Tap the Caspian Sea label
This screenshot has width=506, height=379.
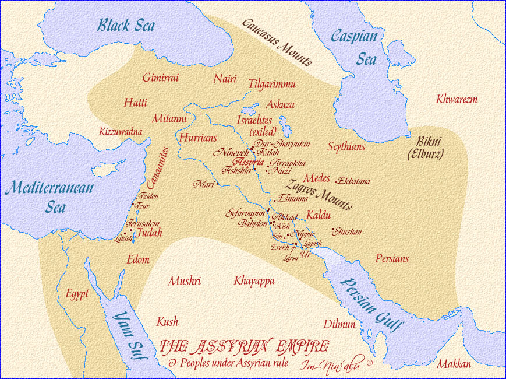pos(354,47)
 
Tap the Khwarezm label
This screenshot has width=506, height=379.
pos(457,99)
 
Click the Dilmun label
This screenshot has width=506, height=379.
pos(339,324)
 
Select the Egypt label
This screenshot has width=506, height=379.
pos(77,294)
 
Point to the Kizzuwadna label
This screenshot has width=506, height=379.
pos(121,131)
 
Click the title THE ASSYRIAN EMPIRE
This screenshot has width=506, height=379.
pos(243,347)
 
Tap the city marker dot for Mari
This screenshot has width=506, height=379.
pos(217,184)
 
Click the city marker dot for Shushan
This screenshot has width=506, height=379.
pos(332,229)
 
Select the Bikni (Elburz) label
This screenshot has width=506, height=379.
pos(426,148)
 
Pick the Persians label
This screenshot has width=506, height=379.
pos(392,258)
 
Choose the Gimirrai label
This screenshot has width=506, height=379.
pos(160,78)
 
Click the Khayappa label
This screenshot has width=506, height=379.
pos(254,281)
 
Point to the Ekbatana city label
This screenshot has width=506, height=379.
pos(353,181)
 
